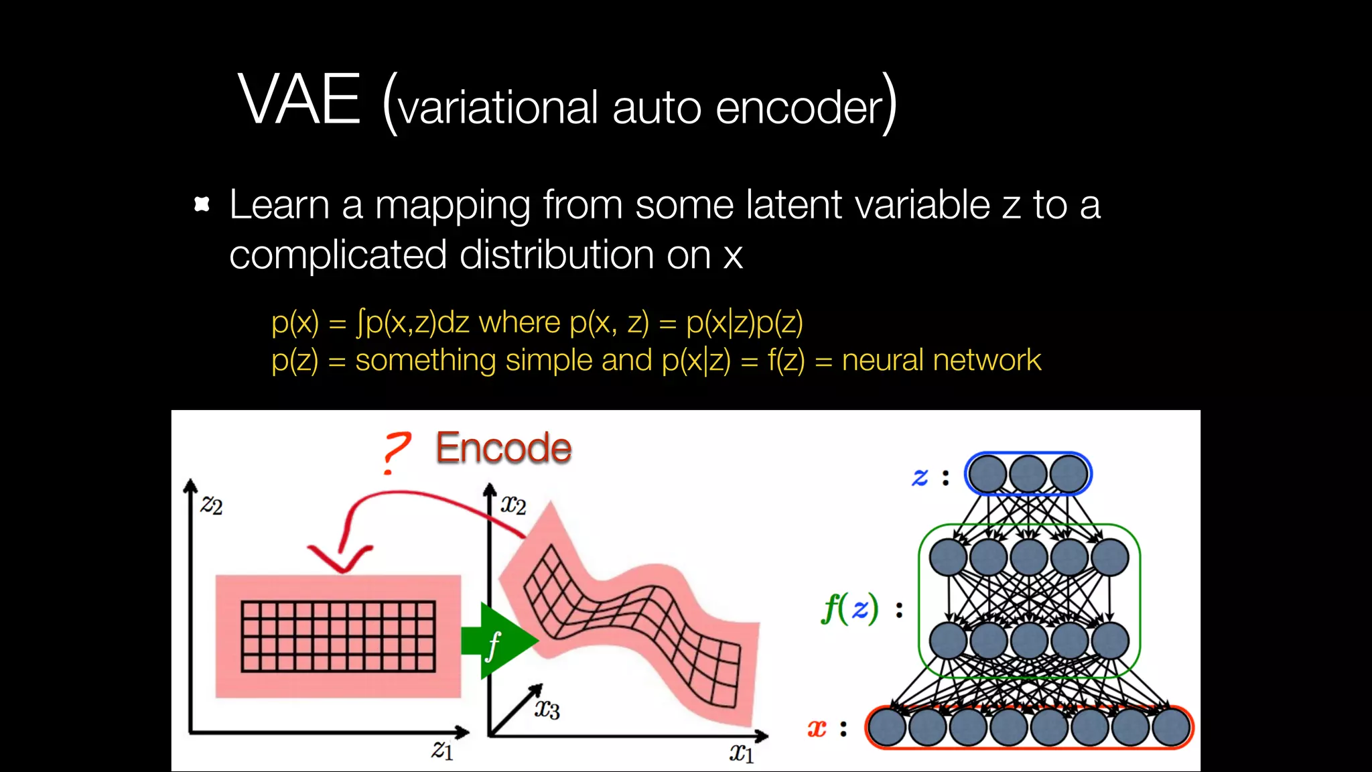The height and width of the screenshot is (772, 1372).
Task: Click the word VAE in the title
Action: (x=299, y=101)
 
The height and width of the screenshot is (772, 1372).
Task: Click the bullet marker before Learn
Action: (x=202, y=204)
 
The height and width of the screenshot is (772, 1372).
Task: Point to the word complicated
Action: (x=338, y=255)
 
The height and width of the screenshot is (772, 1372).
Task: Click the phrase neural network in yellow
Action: (x=941, y=361)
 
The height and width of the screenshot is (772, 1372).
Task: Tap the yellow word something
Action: (x=425, y=361)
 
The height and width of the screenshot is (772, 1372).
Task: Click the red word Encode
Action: (x=503, y=448)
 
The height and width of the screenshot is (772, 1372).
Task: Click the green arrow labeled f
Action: (x=498, y=641)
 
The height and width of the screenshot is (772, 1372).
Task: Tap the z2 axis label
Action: (x=212, y=504)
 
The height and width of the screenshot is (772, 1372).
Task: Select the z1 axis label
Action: (x=442, y=749)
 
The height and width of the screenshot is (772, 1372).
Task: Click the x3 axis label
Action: (x=547, y=708)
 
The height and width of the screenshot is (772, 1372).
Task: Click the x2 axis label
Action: (x=513, y=504)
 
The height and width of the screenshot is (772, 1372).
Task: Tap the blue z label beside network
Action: (x=920, y=477)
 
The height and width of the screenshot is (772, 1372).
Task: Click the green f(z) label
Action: (x=849, y=609)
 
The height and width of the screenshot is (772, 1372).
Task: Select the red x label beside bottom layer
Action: (x=817, y=728)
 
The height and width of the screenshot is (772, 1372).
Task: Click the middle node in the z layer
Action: (x=1028, y=474)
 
